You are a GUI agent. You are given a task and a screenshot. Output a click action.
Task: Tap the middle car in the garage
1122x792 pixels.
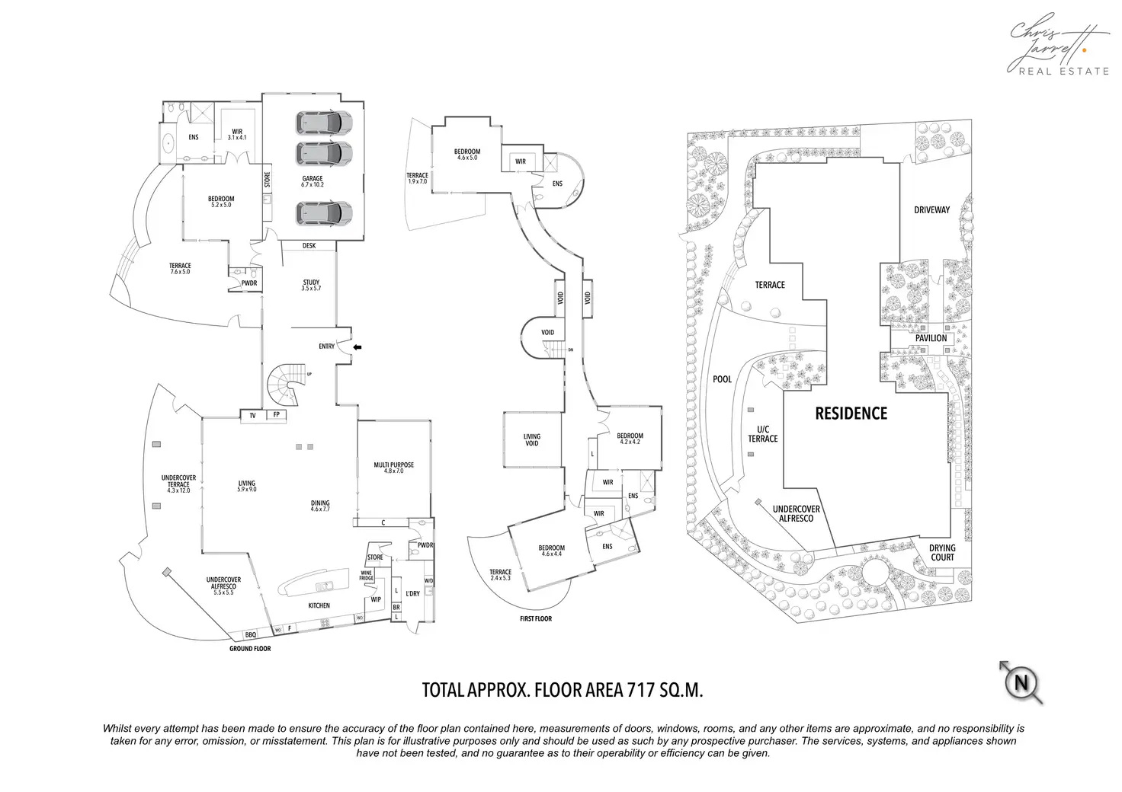pos(324,153)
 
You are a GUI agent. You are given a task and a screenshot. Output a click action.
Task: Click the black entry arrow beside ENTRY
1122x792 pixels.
pos(357,347)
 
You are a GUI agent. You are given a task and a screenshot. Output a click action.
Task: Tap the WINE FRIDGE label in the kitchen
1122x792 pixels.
pos(367,576)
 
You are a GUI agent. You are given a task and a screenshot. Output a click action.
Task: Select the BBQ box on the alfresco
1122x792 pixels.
pos(251,634)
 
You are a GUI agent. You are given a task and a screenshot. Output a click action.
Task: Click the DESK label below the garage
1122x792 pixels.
pos(309,246)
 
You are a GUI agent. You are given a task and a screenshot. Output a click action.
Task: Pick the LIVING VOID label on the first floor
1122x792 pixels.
pos(532,440)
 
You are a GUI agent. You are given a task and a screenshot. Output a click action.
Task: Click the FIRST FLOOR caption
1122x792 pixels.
pos(536,618)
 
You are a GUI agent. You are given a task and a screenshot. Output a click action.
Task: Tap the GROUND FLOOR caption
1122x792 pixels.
pos(250,649)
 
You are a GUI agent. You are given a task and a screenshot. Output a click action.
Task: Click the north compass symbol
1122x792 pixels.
pos(1021,682)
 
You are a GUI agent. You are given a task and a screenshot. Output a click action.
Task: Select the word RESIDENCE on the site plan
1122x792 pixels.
pos(851,414)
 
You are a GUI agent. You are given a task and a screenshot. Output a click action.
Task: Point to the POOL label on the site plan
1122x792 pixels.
pos(722,379)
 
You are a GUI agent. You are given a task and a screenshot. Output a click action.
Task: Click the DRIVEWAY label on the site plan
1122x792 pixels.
pos(931,210)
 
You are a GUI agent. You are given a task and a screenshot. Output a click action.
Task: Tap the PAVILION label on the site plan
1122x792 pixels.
pos(931,338)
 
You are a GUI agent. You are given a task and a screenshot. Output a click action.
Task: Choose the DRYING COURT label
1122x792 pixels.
pos(942,552)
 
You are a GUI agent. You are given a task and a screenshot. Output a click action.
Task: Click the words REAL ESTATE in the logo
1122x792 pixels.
pos(1063,71)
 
